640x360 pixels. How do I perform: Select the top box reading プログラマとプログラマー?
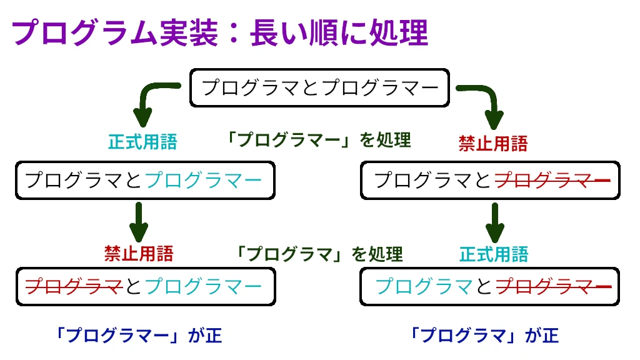pyautogui.click(x=319, y=87)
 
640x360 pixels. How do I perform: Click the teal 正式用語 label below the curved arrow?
pyautogui.click(x=142, y=142)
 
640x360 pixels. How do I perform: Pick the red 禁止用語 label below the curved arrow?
pyautogui.click(x=493, y=144)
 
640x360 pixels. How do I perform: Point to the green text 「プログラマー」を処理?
pyautogui.click(x=318, y=140)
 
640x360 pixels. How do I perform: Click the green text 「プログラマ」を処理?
pyautogui.click(x=318, y=254)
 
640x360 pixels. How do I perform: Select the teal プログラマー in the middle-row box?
pyautogui.click(x=203, y=181)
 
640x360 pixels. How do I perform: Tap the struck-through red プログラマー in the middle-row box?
pyautogui.click(x=552, y=181)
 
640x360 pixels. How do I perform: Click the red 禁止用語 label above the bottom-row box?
pyautogui.click(x=139, y=254)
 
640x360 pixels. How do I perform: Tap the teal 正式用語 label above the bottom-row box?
pyautogui.click(x=494, y=254)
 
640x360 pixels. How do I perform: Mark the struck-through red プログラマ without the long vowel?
pyautogui.click(x=73, y=287)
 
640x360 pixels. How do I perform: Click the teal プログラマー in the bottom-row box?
pyautogui.click(x=203, y=287)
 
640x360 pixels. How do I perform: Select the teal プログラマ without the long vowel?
pyautogui.click(x=423, y=287)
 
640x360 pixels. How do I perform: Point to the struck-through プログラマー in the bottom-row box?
pyautogui.click(x=552, y=287)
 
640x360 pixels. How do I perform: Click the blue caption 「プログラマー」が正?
pyautogui.click(x=138, y=336)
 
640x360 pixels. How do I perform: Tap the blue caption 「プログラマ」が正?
pyautogui.click(x=483, y=336)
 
